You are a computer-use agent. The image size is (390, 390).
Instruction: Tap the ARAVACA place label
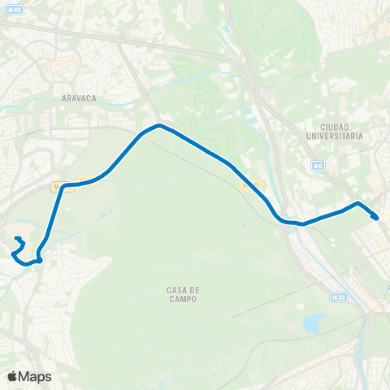pos(79,97)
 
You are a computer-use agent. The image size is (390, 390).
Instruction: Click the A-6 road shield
pos(318,166)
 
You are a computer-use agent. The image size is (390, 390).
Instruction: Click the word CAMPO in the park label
pos(184,299)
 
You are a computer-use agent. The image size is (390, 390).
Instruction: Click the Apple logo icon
pos(13,376)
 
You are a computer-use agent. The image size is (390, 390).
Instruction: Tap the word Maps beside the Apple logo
pos(36,376)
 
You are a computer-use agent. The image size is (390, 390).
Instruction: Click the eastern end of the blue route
pos(375,217)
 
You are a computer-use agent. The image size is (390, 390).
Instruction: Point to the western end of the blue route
pos(16,238)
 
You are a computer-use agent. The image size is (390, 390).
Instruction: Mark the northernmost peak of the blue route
pos(160,125)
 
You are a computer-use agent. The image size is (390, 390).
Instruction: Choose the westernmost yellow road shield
pos(57,186)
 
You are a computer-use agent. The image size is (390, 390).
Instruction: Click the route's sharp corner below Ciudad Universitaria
pos(357,202)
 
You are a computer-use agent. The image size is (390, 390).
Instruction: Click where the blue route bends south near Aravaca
pos(63,186)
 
